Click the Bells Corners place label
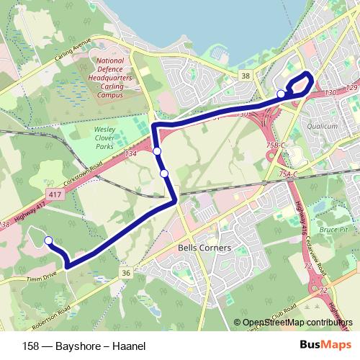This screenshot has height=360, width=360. (204, 248)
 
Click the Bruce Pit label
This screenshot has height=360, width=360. (333, 230)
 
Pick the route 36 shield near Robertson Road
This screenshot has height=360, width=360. (125, 273)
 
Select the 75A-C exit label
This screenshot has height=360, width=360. (288, 174)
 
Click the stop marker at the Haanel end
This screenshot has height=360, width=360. (48, 240)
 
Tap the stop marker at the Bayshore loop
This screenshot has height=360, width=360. (281, 94)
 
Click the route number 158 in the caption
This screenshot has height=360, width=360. (31, 345)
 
